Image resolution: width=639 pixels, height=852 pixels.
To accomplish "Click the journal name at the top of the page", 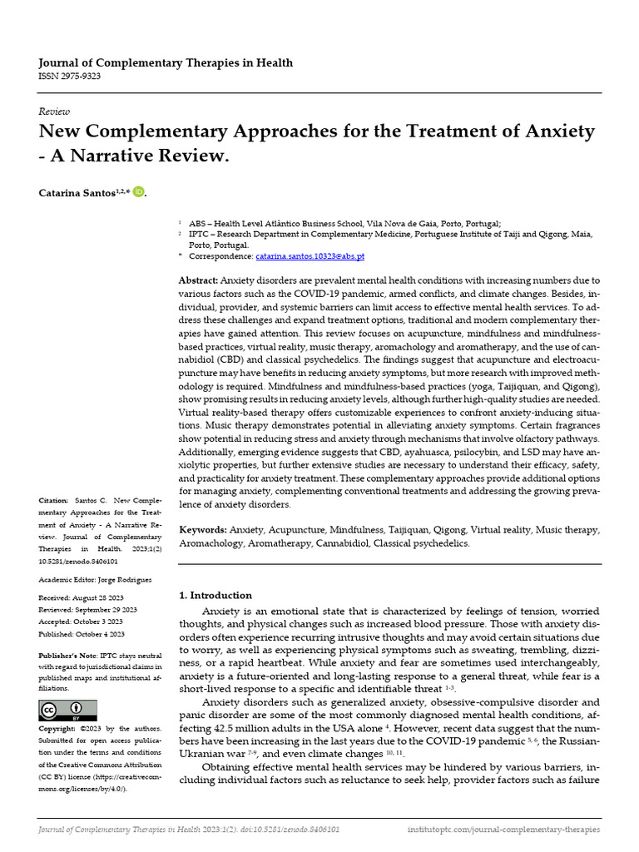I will (166, 63).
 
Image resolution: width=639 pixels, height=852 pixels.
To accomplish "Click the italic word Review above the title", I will (54, 111).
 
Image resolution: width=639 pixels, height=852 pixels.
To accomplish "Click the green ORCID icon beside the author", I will (138, 192).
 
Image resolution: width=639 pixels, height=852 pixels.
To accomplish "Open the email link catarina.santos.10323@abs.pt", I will (310, 256).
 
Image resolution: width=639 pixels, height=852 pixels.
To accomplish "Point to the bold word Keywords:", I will (204, 529).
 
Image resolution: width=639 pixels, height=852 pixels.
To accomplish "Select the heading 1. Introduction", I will (215, 595).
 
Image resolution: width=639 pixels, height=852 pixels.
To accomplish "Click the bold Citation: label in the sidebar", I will (55, 501).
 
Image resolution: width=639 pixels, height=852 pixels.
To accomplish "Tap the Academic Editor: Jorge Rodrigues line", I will (95, 579).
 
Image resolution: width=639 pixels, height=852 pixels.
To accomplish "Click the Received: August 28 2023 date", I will (80, 597).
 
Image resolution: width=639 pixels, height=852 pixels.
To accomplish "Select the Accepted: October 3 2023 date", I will (81, 622).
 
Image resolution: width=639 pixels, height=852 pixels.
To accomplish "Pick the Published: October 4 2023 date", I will (81, 633).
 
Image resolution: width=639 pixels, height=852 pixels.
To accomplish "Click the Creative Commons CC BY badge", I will (68, 710).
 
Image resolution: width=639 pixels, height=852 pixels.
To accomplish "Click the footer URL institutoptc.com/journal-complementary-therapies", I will (503, 830).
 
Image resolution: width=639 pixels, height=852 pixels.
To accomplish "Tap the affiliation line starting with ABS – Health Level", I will (344, 224).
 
